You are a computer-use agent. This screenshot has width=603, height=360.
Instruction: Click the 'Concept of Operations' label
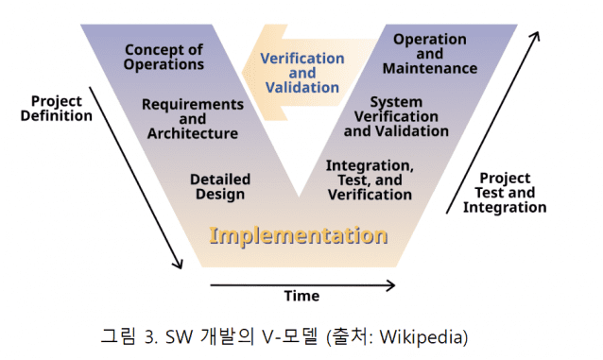164,57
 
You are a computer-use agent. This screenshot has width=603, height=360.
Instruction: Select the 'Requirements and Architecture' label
193,119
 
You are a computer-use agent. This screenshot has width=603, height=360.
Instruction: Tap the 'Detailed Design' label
220,186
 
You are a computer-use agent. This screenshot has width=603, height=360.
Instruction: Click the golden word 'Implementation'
299,236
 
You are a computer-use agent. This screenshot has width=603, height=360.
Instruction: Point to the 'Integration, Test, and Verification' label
370,180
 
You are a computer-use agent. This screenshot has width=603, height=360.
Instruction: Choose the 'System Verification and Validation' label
396,116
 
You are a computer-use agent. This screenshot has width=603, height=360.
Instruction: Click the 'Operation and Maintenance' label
430,54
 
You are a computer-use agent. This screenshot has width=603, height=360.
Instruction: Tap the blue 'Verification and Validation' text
302,73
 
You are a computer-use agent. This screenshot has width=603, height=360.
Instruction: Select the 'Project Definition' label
57,109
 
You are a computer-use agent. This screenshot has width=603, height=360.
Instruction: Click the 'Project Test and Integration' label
505,193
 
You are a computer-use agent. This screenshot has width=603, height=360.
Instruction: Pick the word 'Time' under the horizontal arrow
301,296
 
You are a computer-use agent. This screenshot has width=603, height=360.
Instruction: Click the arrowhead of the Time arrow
391,285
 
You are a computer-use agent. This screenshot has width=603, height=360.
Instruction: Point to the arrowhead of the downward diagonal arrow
179,265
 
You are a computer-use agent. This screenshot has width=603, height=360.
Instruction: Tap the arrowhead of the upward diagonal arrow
535,36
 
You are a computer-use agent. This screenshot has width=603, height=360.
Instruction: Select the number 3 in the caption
151,337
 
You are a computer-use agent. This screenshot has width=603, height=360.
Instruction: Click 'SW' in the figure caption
179,337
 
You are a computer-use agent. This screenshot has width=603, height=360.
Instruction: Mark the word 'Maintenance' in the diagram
430,68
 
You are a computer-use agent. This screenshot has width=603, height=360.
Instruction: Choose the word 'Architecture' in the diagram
193,133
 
